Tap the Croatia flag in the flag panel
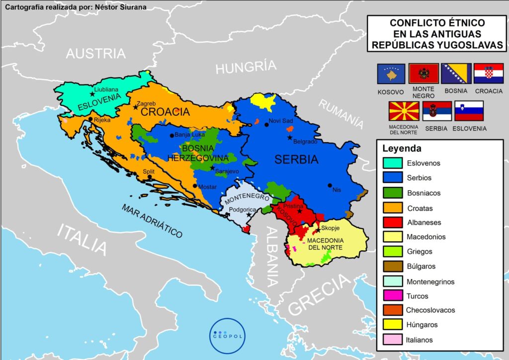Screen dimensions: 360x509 click(x=485, y=74)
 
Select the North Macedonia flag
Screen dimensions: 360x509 click(x=403, y=111)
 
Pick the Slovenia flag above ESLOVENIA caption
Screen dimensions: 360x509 click(x=469, y=111)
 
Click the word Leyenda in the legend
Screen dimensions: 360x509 click(x=402, y=148)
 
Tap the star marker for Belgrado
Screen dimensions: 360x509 click(x=290, y=137)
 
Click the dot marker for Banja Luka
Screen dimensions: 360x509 click(x=171, y=135)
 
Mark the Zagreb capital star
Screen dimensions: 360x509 click(x=136, y=107)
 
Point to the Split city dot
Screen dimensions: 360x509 click(x=150, y=177)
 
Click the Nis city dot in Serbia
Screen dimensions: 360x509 click(x=330, y=185)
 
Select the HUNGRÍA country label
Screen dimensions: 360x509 click(x=246, y=67)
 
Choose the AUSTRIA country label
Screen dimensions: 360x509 click(x=96, y=54)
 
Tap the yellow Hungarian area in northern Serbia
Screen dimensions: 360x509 click(x=262, y=102)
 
